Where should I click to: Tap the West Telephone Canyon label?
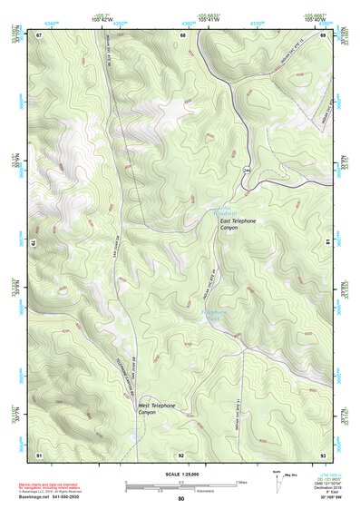tap(156, 409)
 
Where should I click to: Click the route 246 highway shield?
tap(246, 170)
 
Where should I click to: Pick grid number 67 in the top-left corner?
tap(39, 34)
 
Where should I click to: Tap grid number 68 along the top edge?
tap(183, 34)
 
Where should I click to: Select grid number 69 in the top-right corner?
tap(324, 34)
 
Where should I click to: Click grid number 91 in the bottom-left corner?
tap(39, 454)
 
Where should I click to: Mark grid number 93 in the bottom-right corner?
tap(324, 454)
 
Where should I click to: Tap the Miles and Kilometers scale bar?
tap(181, 485)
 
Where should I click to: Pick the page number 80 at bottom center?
tap(181, 499)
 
